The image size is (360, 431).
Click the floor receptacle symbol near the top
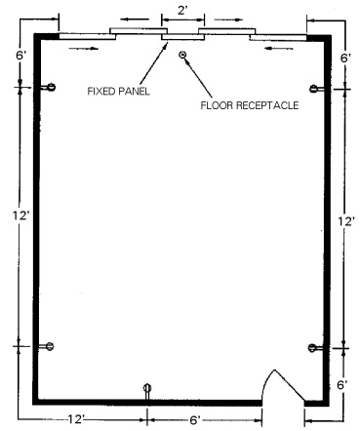183,55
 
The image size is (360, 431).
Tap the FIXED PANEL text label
119,91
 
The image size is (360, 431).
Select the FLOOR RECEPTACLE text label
250,105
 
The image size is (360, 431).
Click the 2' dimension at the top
182,11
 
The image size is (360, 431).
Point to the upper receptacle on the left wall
49,87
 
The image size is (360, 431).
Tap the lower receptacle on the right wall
315,348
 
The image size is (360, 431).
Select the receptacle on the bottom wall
147,391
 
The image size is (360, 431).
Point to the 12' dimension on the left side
21,215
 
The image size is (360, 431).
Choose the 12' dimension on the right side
346,221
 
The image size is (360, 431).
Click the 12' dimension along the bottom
76,419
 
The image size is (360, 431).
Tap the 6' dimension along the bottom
194,420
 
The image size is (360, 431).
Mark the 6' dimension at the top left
20,56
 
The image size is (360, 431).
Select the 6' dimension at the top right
345,59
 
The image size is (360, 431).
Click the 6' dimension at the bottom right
342,385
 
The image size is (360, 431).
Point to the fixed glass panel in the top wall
183,37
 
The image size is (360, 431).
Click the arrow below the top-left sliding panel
84,49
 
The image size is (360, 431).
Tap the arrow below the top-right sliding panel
279,49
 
